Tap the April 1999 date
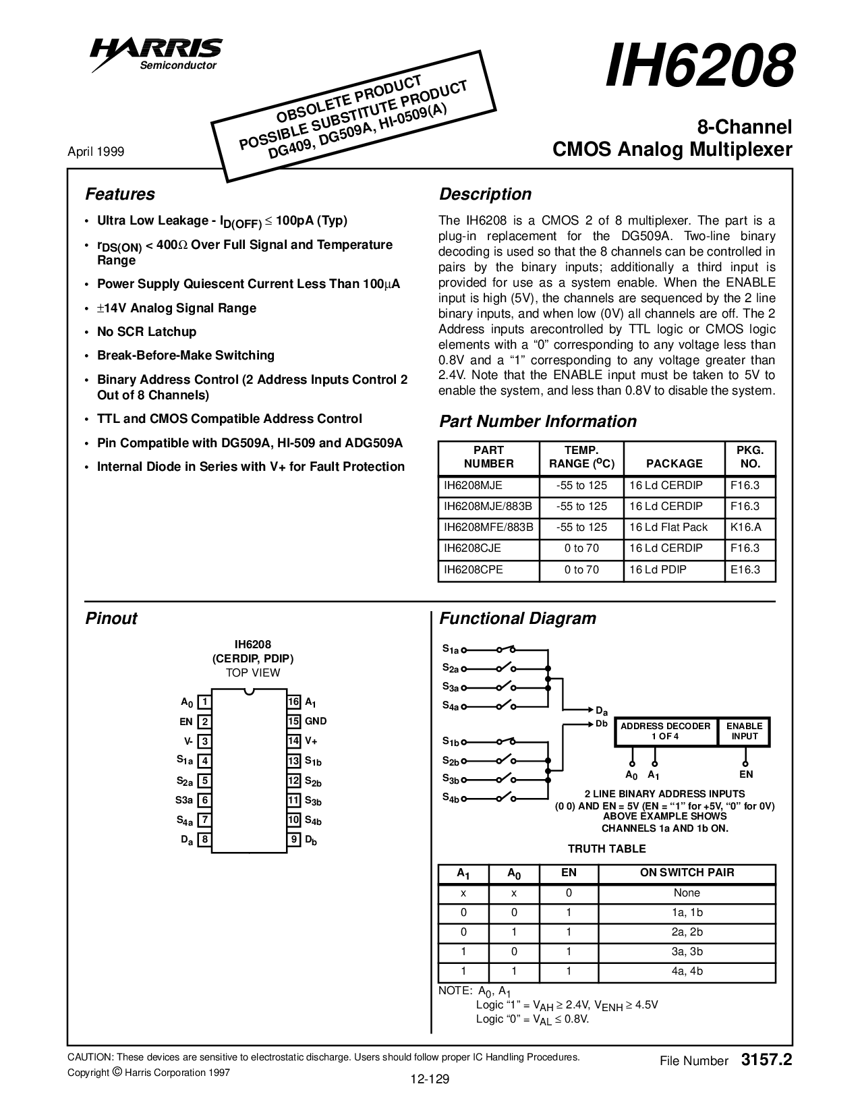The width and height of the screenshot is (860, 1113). (96, 152)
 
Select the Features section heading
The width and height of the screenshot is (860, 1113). (120, 194)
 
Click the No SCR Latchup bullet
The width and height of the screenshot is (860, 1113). (146, 331)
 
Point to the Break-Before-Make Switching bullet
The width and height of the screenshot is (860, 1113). (185, 355)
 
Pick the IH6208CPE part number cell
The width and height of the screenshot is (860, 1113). (473, 569)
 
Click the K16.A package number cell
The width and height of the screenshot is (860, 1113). (745, 527)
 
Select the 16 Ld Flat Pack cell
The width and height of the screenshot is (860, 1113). (668, 527)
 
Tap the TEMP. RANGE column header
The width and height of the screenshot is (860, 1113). (581, 457)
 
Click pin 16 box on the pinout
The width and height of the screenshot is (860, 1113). (293, 702)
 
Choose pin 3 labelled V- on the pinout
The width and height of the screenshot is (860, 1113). (204, 741)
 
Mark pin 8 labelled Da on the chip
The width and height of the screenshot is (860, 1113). (204, 840)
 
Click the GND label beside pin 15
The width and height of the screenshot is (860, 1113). (316, 721)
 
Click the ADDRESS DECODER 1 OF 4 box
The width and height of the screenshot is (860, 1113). (665, 731)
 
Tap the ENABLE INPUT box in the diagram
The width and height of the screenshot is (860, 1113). (744, 731)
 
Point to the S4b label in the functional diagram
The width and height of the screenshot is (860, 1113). (451, 798)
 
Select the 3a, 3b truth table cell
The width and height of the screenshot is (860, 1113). (687, 952)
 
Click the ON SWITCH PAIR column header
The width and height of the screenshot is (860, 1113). (687, 873)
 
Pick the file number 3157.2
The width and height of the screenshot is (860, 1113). (766, 1060)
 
